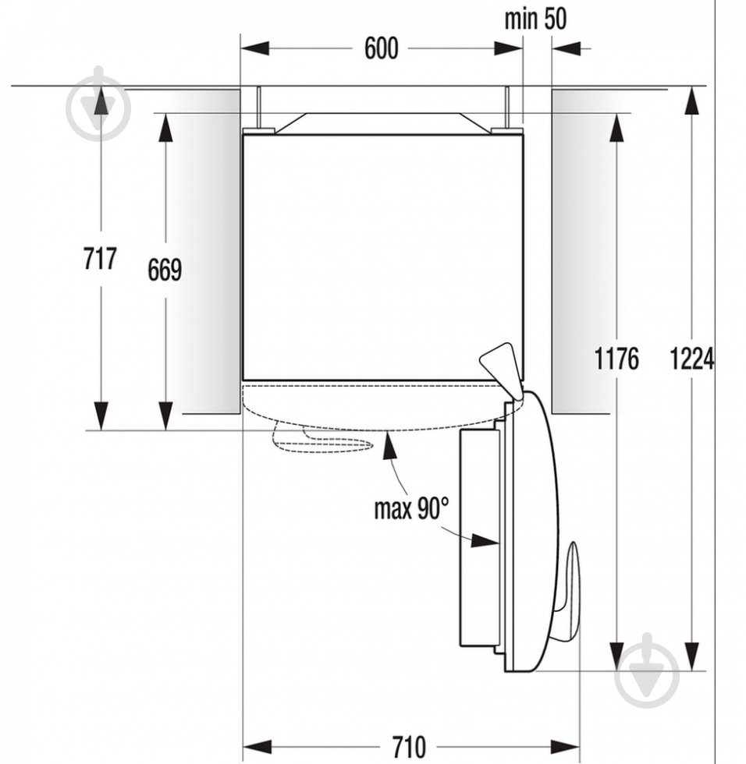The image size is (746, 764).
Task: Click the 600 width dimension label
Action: (x=381, y=48)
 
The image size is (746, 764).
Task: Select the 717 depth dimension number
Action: (x=100, y=258)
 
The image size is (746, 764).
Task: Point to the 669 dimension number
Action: (x=165, y=270)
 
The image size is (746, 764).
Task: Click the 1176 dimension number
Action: (x=616, y=359)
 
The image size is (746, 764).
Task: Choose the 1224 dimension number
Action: (x=691, y=359)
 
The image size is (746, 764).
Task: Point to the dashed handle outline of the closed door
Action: (x=320, y=440)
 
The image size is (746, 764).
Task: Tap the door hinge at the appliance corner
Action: (x=500, y=365)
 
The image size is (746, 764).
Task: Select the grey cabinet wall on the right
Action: (x=584, y=249)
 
